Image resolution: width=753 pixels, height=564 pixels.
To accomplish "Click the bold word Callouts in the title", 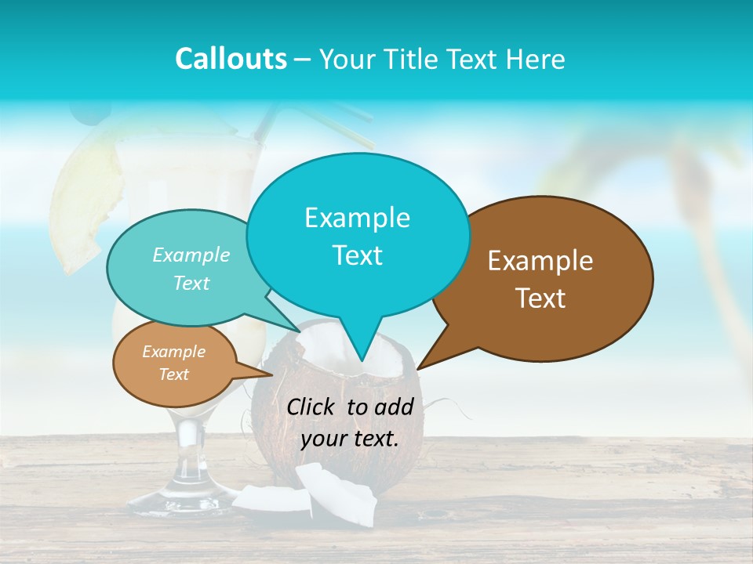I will coord(231,59).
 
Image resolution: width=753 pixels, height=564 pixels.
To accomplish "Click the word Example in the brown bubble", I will coord(540,261).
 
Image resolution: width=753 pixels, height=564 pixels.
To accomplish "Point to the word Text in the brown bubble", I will coord(540,298).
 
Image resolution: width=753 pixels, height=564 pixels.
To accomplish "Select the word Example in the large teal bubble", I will coord(357,218).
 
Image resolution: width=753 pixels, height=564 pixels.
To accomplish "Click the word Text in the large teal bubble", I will coord(357,255).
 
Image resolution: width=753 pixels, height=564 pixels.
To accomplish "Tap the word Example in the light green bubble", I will coord(191,255).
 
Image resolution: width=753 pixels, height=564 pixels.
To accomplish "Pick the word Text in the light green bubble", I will coord(191,284).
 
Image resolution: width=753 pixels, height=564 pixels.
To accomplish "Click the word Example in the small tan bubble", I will coord(173,352).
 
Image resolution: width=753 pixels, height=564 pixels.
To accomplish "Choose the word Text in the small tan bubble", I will coord(173,374).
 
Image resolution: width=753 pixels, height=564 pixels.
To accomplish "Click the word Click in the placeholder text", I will coord(313,407).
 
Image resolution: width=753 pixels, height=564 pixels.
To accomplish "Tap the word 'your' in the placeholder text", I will coord(322,439).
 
